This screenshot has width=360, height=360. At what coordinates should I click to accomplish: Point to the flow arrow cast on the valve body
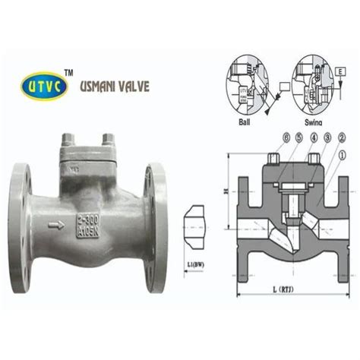point(56,226)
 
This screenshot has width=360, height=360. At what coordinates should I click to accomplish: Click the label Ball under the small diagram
point(244,122)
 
